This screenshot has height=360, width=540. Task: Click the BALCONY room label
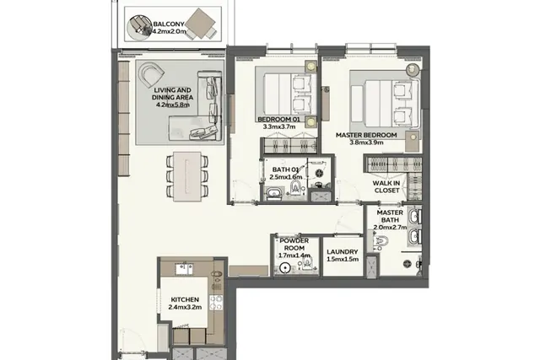click(x=169, y=24)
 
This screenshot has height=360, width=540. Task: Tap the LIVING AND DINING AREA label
click(x=172, y=94)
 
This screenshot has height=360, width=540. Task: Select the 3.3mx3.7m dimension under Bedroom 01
click(x=279, y=126)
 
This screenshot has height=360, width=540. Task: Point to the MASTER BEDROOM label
click(x=366, y=135)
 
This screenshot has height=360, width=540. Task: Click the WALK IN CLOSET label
click(x=386, y=187)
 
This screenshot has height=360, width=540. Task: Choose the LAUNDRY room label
click(x=343, y=252)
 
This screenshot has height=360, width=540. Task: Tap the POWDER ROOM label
click(x=294, y=244)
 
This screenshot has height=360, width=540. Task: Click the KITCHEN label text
click(x=185, y=300)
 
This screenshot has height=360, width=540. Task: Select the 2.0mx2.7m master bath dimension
click(x=390, y=228)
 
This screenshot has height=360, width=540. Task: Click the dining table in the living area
click(x=187, y=176)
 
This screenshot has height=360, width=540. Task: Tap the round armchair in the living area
click(x=151, y=75)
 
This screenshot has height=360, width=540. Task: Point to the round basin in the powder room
click(x=284, y=267)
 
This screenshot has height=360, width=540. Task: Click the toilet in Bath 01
click(x=296, y=188)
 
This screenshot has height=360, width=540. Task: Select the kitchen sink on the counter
click(x=184, y=269)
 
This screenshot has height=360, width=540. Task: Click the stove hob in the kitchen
click(x=216, y=303)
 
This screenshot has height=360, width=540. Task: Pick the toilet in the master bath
click(x=381, y=242)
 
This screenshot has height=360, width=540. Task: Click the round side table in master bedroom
click(x=413, y=70)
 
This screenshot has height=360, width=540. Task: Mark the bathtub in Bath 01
click(x=274, y=193)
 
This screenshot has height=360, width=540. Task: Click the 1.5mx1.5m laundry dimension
click(x=343, y=260)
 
